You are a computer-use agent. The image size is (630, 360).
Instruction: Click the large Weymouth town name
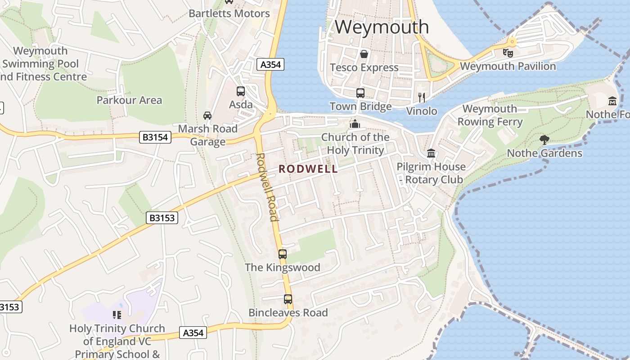pyautogui.click(x=382, y=27)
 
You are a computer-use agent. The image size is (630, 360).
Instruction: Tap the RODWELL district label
pyautogui.click(x=308, y=169)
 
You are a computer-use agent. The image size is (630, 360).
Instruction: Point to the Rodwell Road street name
pyautogui.click(x=266, y=187)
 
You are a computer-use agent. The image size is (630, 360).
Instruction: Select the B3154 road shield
pyautogui.click(x=156, y=137)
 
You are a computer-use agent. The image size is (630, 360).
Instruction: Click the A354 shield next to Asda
pyautogui.click(x=271, y=64)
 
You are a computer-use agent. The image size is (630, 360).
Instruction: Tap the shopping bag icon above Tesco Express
pyautogui.click(x=364, y=54)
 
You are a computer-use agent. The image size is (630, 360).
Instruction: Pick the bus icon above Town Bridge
pyautogui.click(x=360, y=93)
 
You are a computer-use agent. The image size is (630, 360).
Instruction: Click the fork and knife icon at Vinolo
pyautogui.click(x=422, y=97)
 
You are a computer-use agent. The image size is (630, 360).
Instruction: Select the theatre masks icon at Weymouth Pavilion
pyautogui.click(x=508, y=53)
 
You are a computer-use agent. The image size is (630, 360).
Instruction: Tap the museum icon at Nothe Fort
pyautogui.click(x=612, y=101)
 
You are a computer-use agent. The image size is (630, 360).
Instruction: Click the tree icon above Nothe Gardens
pyautogui.click(x=544, y=139)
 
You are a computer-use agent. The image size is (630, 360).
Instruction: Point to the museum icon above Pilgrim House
pyautogui.click(x=431, y=153)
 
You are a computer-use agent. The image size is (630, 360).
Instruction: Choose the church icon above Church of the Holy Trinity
pyautogui.click(x=355, y=123)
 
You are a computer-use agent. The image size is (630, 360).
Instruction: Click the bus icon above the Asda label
pyautogui.click(x=241, y=91)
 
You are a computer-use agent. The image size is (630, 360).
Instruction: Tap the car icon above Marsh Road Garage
pyautogui.click(x=207, y=116)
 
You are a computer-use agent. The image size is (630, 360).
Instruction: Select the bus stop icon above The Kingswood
pyautogui.click(x=283, y=254)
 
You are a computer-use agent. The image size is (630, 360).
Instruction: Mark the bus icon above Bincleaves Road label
pyautogui.click(x=288, y=299)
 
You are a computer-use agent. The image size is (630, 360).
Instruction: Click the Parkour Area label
pyautogui.click(x=129, y=100)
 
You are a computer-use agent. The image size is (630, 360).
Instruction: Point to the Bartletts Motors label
pyautogui.click(x=229, y=13)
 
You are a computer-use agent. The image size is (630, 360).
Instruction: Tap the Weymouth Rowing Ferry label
pyautogui.click(x=490, y=115)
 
